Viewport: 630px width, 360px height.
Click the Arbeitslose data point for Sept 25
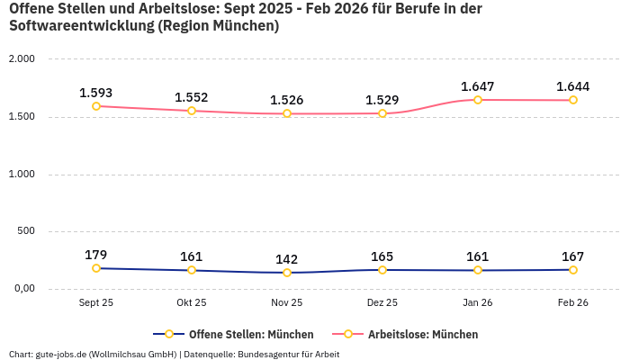[x=96, y=106]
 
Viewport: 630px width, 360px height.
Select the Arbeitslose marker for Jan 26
[x=478, y=100]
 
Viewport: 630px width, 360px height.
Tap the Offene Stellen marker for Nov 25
[x=287, y=273]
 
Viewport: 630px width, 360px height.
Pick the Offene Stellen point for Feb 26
[x=572, y=270]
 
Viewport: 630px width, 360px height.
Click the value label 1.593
[x=96, y=93]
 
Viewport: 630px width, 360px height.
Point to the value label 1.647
[x=478, y=86]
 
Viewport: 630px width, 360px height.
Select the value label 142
[x=287, y=259]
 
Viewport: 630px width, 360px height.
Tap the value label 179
[x=96, y=255]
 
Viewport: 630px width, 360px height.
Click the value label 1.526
[x=287, y=100]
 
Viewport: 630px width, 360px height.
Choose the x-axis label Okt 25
[x=192, y=303]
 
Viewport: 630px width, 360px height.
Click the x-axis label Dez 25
[x=382, y=303]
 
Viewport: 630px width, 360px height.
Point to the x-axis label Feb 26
[x=572, y=303]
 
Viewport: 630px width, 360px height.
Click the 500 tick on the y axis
[x=25, y=231]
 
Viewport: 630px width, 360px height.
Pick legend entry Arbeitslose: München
[x=422, y=334]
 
